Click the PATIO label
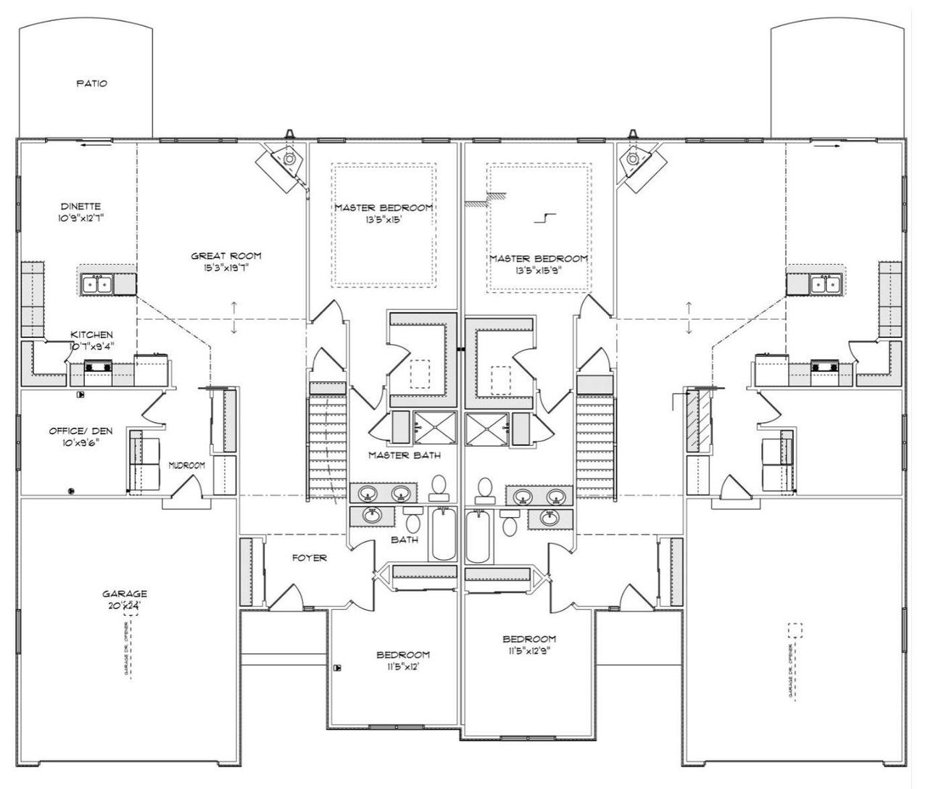[91, 83]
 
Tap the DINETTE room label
[91, 207]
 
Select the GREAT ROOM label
[225, 255]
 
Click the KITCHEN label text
[91, 334]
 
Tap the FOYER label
[309, 558]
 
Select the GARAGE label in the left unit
[125, 593]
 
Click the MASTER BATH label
[404, 455]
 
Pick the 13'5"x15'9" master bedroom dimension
[538, 270]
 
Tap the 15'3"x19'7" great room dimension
[225, 268]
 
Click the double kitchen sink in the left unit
[96, 284]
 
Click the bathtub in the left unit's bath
[443, 534]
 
